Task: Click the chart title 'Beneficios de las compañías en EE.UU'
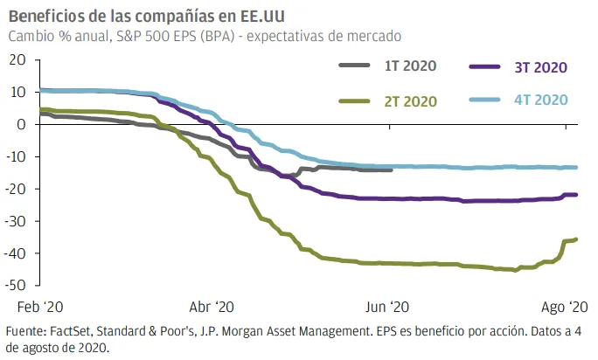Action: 147,17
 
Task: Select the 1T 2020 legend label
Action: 410,66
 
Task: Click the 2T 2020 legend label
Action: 410,101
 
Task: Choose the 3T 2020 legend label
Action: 541,67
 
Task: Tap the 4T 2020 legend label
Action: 541,100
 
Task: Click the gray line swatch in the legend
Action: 354,66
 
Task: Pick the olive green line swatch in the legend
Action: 354,101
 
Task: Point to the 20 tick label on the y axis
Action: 17,60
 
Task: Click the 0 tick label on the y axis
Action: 21,124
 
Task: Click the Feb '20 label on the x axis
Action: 40,307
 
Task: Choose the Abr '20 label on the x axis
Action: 212,307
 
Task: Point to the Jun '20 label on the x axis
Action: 387,307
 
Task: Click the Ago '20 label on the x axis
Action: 565,307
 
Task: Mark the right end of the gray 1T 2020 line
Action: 392,170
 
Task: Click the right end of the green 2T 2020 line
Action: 575,239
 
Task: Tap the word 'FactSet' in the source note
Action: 71,331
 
